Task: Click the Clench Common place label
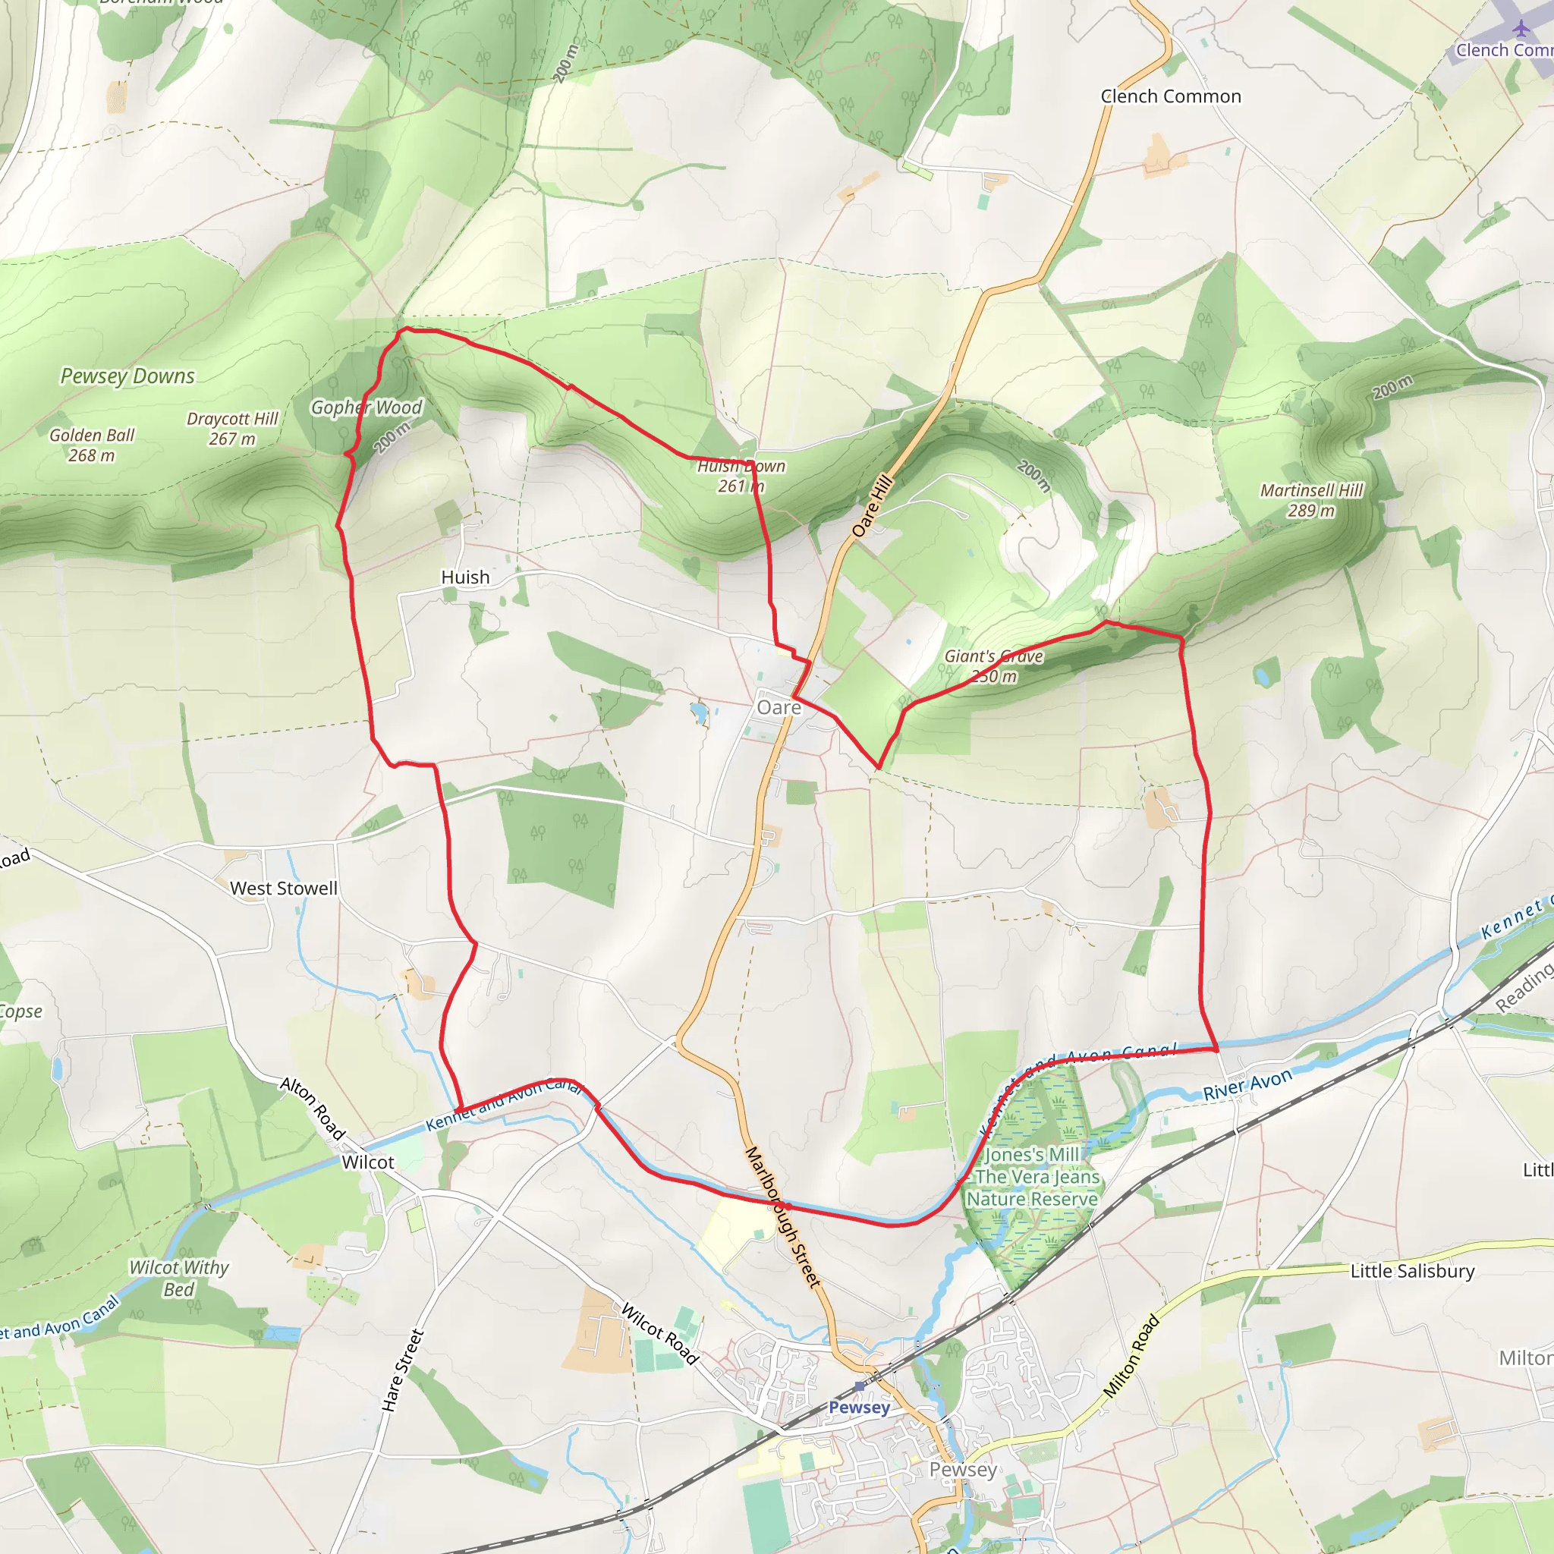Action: pos(1170,96)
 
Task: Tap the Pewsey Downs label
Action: pos(127,376)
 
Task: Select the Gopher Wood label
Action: pos(366,407)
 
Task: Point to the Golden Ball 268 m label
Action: pos(92,445)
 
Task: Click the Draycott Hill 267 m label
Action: pos(231,429)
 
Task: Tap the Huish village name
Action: pos(465,577)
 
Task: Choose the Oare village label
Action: pos(779,708)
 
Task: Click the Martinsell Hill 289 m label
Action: pos(1311,500)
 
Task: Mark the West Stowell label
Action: pos(283,889)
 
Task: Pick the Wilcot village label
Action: pos(367,1162)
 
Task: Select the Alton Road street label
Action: pos(313,1109)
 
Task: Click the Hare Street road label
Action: pos(402,1370)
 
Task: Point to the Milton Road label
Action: pos(1131,1356)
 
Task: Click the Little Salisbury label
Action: pos(1412,1272)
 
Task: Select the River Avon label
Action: pos(1247,1085)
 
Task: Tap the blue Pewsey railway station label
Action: pos(859,1408)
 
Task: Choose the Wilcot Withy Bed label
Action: pos(178,1278)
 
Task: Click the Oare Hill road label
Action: pos(873,506)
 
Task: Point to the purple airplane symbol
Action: pos(1520,28)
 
